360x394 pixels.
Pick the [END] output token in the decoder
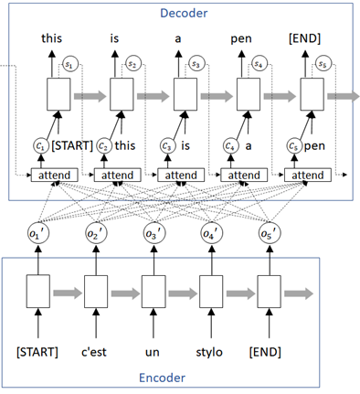pos(307,38)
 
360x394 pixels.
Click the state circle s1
pos(69,64)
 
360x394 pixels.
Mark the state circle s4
pos(259,64)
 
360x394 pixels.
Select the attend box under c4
pos(242,175)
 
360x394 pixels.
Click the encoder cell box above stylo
pos(211,294)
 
